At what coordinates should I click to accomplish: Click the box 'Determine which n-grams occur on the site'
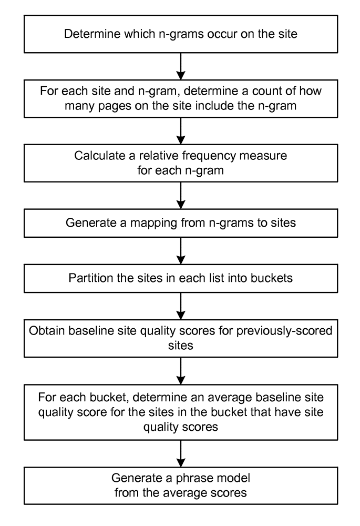(x=181, y=34)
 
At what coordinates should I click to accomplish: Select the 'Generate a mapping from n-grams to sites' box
(x=181, y=223)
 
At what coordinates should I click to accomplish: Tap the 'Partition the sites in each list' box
(x=181, y=278)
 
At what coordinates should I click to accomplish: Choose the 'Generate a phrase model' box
(x=181, y=485)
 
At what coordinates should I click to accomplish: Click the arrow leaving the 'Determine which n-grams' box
(x=181, y=66)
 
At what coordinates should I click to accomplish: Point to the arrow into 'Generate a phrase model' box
(x=181, y=453)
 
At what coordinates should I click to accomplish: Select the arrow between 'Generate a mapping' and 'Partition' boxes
(x=181, y=250)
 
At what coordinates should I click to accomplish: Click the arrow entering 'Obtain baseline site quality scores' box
(x=181, y=306)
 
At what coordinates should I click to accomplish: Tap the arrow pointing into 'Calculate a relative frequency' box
(x=181, y=131)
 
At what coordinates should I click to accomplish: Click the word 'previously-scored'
(x=284, y=331)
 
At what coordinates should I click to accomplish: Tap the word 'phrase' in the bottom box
(x=194, y=478)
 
